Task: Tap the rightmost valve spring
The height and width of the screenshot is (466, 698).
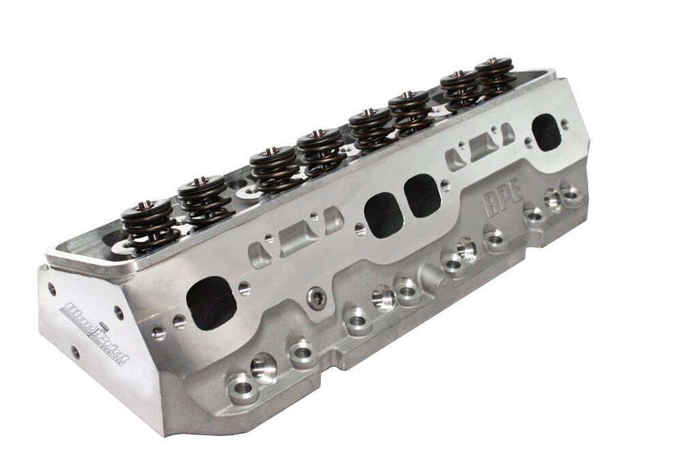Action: point(495,76)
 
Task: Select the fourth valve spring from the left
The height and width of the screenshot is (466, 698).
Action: point(319,151)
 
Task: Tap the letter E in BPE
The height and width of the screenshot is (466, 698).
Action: point(515,189)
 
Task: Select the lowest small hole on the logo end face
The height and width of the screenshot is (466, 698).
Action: point(75,353)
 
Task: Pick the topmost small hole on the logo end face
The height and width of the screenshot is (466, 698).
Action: point(52,289)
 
